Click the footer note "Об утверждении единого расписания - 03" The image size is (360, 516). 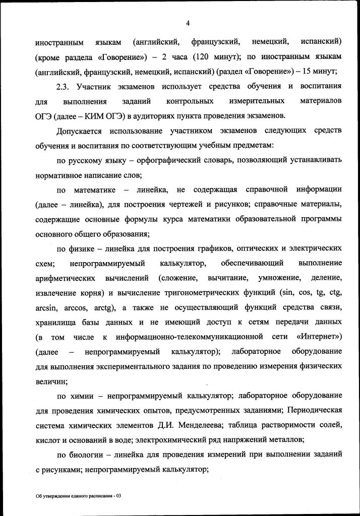tap(79, 496)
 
